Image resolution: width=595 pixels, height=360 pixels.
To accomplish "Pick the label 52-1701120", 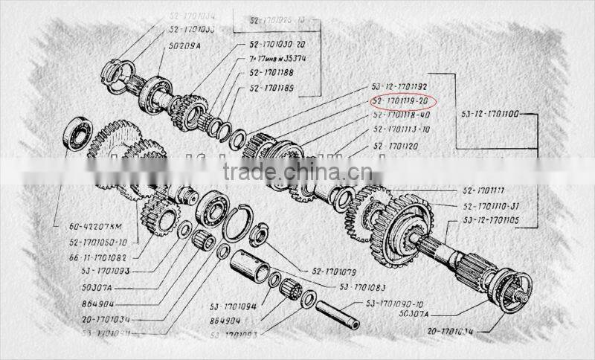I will pos(396,146).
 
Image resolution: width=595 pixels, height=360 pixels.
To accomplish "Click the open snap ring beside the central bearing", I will pos(237,223).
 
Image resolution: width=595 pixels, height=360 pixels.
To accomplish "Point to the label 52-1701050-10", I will pos(97,242).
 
